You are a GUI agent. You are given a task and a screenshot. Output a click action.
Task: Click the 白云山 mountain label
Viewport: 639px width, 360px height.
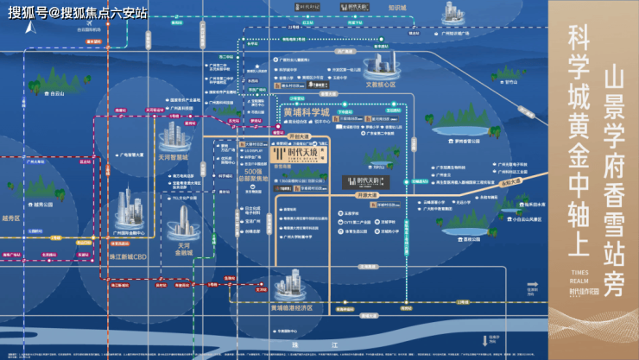pyautogui.click(x=57, y=92)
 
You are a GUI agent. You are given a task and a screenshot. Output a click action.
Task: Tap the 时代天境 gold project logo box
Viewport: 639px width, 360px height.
pyautogui.click(x=306, y=155)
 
